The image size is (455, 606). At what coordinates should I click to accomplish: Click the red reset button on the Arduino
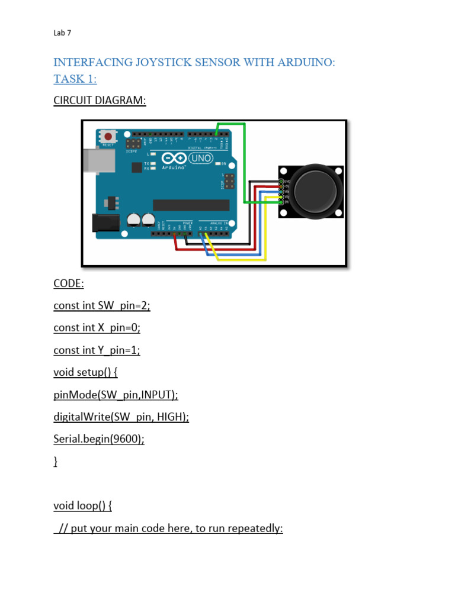point(108,137)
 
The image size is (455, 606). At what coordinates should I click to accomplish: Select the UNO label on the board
point(201,158)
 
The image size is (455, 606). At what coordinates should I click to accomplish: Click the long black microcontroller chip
point(191,205)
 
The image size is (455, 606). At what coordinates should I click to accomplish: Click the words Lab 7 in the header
point(62,33)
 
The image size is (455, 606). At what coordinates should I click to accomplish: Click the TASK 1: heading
point(75,79)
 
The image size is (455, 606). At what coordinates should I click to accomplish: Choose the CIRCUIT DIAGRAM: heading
point(100,100)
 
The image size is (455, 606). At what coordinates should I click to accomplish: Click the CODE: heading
point(69,283)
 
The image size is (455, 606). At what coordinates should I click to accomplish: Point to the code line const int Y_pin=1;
point(97,350)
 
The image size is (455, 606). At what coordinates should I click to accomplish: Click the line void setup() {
point(85,372)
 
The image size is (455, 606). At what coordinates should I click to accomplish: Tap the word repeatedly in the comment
point(253,528)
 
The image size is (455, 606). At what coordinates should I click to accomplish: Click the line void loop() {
point(82,505)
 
